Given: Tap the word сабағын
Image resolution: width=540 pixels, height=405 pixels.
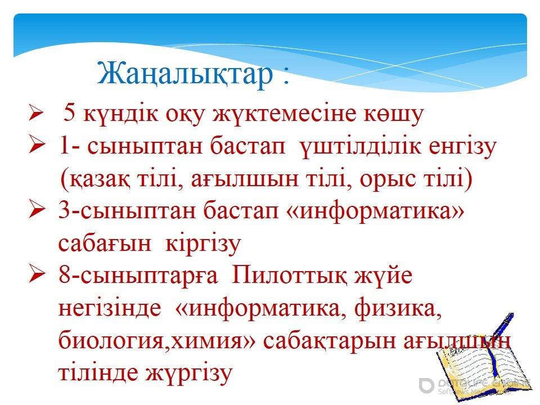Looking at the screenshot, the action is coord(105,244).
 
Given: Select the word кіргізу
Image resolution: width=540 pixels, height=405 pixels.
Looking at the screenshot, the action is coord(202,244).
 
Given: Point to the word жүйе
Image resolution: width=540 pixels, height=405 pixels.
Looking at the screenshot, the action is coord(383,276).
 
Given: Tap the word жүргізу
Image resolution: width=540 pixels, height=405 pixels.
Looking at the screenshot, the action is coord(189,373).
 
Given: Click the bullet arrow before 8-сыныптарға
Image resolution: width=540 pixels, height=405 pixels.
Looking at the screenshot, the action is coord(36,274).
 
